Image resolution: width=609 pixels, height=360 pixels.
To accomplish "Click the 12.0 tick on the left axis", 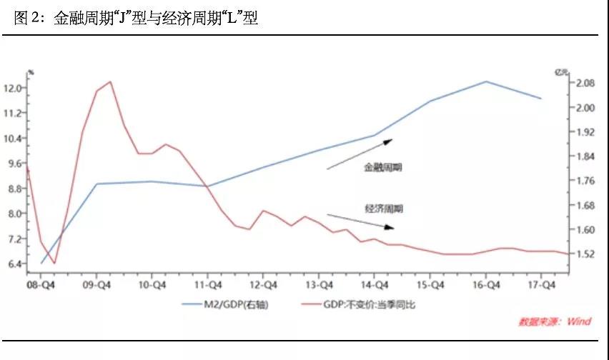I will (14, 89).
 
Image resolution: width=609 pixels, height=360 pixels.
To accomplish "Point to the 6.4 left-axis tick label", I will (14, 264).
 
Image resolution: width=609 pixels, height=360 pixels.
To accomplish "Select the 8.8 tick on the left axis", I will (14, 189).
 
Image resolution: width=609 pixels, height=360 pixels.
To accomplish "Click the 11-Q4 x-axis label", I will (207, 284).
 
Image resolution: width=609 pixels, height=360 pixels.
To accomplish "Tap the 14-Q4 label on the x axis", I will (375, 284).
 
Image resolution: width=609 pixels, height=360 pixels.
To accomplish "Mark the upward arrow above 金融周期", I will (360, 154).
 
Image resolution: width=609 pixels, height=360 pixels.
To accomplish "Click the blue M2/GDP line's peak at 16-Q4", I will (486, 81).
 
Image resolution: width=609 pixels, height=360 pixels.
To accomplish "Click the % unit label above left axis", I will (31, 72).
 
